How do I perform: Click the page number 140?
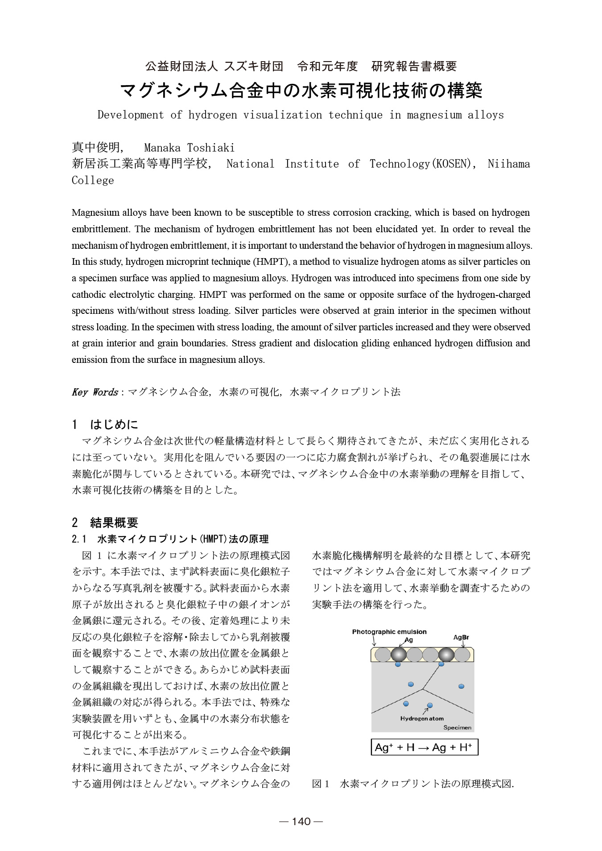301,821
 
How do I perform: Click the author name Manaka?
162,148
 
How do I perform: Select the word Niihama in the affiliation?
509,164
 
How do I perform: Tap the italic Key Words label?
95,392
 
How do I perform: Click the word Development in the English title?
130,115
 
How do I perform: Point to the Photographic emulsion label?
389,632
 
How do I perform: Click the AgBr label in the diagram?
461,637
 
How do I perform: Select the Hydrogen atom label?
422,719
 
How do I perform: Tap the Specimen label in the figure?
457,728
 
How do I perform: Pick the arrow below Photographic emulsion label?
375,641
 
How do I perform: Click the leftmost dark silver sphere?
399,655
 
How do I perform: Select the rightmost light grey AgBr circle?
462,655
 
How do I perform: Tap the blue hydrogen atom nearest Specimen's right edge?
462,686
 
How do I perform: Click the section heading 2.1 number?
79,539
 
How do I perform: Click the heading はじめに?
114,424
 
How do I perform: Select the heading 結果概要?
114,522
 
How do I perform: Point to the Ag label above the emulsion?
409,640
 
